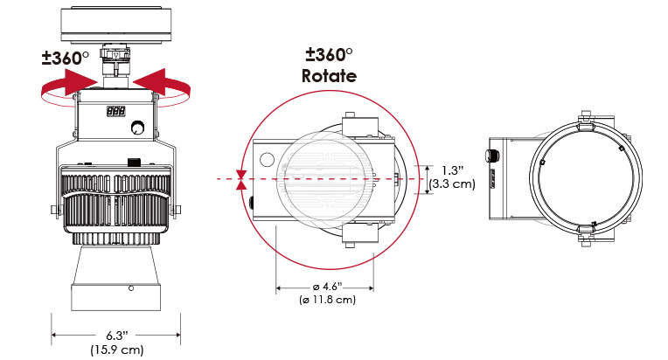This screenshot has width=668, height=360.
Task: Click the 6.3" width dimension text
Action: coord(117,336)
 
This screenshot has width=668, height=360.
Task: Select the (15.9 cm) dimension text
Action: coord(117,350)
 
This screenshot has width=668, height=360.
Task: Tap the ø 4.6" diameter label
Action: coord(327,287)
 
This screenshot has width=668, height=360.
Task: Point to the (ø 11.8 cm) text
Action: coord(327,300)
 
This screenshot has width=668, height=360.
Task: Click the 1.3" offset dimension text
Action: coord(452,170)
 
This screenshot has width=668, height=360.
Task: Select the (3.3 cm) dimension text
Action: coord(452,183)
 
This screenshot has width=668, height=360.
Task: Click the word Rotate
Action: coord(329,76)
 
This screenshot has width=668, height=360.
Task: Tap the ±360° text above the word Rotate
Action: coord(329,54)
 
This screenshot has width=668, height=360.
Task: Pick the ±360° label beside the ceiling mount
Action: coord(66,58)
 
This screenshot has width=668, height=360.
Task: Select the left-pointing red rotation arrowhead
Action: coord(150,82)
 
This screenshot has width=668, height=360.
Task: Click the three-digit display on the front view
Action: coord(116,112)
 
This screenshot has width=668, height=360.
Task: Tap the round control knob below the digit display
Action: coord(137,128)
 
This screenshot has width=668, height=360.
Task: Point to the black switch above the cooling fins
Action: coord(134,163)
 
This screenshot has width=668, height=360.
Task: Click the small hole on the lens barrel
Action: coord(131,288)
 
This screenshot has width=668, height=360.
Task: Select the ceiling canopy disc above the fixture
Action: coord(116,24)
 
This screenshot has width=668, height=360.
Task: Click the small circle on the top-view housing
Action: coord(267,160)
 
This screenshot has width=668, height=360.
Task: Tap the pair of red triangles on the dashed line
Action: coord(241,180)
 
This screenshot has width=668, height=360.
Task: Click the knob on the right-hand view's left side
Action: coord(492,155)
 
